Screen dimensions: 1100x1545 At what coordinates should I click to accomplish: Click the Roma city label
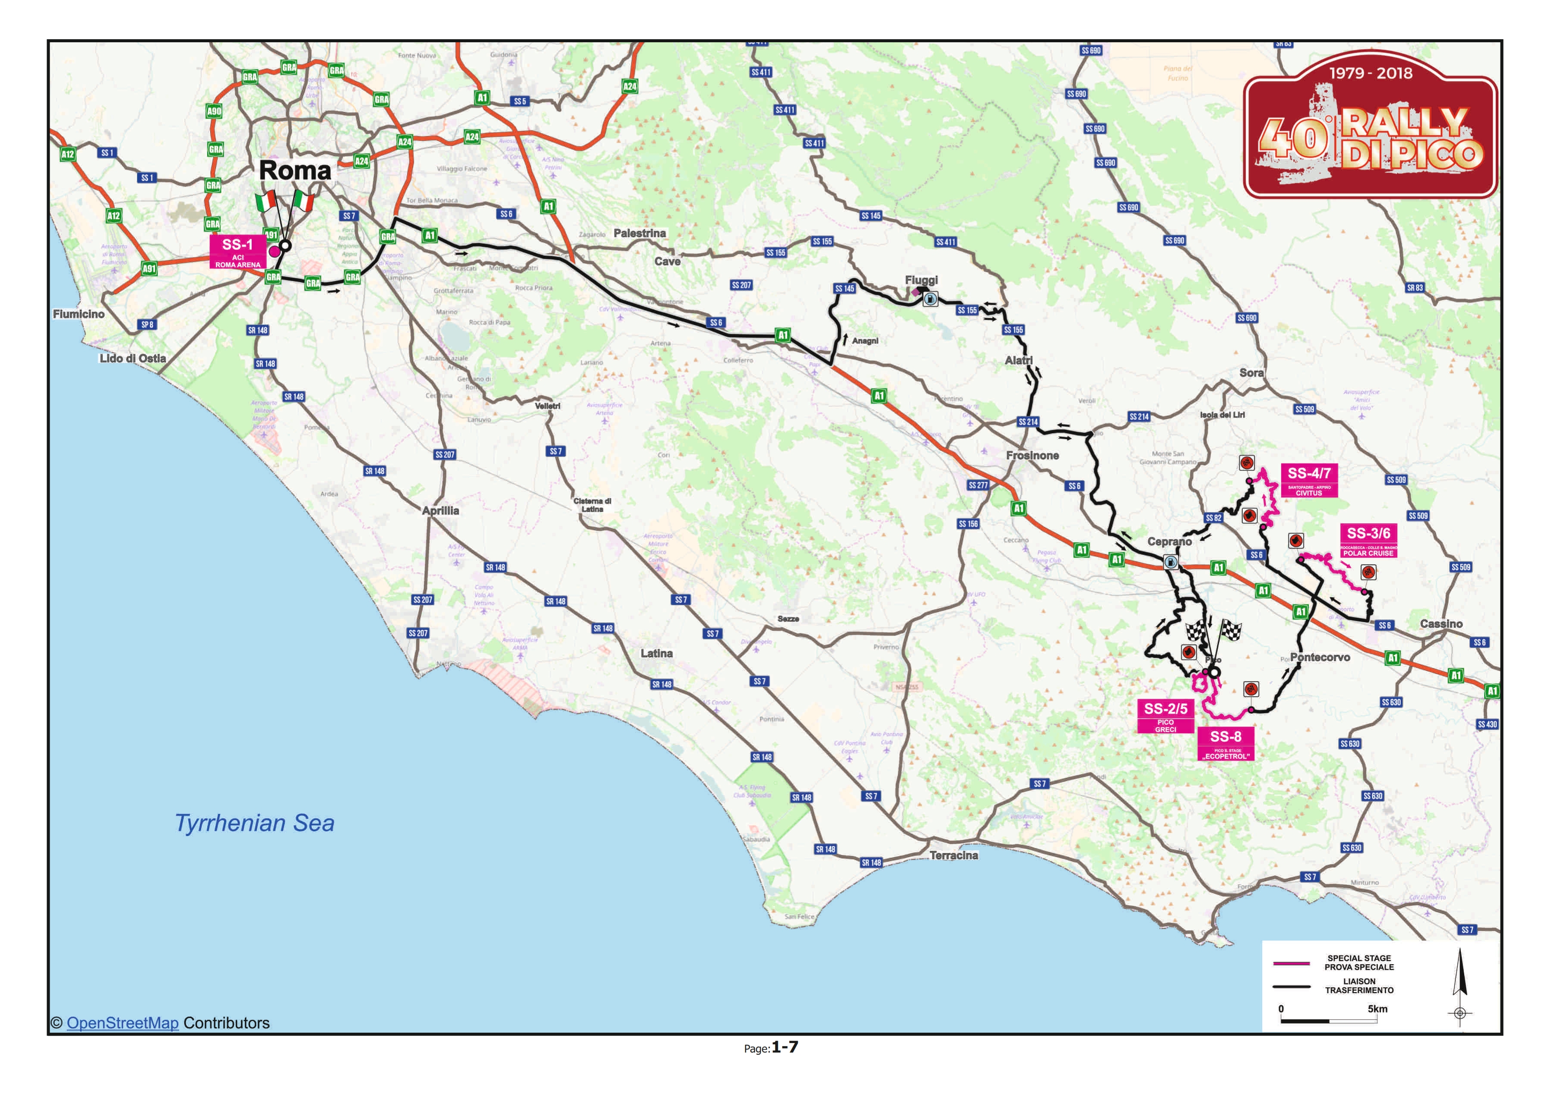point(295,171)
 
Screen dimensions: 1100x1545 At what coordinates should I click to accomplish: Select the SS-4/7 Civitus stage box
point(1308,480)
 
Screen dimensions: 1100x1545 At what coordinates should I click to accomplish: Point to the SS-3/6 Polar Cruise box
point(1368,541)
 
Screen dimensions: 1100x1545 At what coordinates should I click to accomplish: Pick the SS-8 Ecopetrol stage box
point(1225,744)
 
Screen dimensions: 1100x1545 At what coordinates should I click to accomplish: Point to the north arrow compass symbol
point(1460,982)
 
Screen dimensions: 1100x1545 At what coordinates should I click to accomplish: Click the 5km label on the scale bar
point(1377,1009)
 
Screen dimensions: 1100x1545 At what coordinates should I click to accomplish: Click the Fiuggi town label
point(921,280)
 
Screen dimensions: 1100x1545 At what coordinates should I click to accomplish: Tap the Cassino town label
point(1441,623)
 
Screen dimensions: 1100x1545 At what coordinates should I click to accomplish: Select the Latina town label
point(656,653)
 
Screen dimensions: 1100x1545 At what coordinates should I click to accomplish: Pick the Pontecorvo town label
point(1319,657)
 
